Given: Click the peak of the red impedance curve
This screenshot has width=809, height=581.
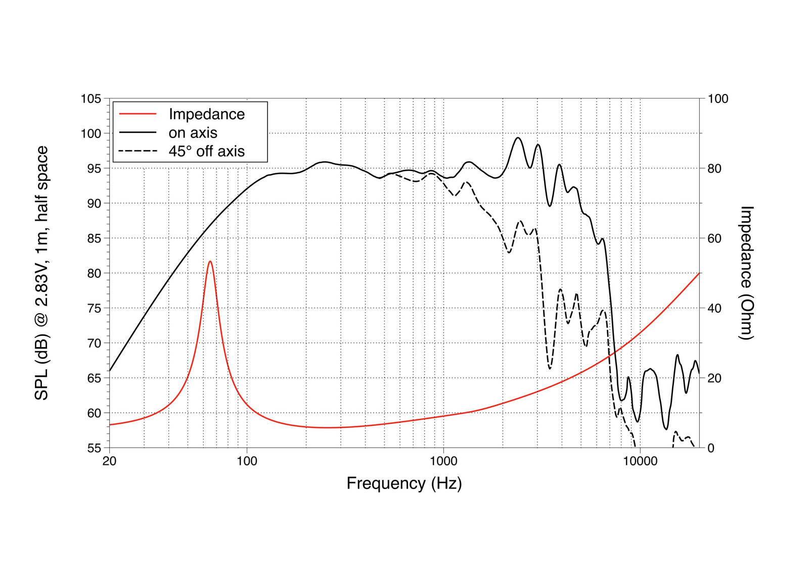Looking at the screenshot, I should (210, 261).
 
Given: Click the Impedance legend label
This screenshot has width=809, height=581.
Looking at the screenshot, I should (206, 114).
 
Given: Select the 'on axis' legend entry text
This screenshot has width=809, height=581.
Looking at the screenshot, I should (193, 133).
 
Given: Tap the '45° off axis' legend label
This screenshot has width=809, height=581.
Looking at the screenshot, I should (206, 151).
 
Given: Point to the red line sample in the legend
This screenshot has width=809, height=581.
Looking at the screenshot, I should (138, 114).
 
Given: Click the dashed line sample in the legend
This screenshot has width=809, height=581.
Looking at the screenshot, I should (138, 151).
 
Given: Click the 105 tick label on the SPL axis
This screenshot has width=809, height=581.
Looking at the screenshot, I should (91, 99).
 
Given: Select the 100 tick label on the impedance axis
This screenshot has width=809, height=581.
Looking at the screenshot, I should (718, 99).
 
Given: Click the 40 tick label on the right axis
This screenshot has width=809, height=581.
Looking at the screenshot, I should (714, 308).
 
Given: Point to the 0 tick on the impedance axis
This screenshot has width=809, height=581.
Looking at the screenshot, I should (711, 448).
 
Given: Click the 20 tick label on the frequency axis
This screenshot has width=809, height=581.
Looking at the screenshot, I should (109, 461).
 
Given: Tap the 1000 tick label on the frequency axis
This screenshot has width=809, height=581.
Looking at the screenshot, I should (443, 461).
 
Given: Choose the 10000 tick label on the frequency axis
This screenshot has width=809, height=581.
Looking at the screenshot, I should (640, 461).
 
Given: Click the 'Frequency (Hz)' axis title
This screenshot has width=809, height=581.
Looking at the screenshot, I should (404, 483).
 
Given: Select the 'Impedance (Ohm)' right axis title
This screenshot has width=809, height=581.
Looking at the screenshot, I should (747, 273).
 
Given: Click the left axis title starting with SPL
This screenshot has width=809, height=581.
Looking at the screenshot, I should (41, 273).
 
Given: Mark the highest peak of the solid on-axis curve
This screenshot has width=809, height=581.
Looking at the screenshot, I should (518, 137).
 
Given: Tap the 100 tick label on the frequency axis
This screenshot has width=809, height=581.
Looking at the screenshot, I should (247, 461).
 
